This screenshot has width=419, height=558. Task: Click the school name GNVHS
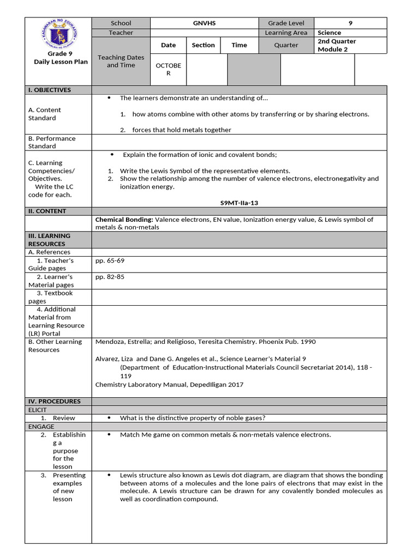tap(203, 23)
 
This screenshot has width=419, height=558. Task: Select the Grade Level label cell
tap(286, 23)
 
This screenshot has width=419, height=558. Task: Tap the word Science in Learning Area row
tap(329, 33)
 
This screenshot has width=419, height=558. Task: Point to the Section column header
tap(203, 45)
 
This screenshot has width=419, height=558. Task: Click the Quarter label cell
tap(286, 45)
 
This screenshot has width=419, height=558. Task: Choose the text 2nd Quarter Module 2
tap(337, 45)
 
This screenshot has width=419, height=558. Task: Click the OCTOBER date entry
tap(168, 69)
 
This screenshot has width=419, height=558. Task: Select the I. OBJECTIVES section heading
tap(50, 90)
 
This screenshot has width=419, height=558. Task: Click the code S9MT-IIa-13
tap(239, 203)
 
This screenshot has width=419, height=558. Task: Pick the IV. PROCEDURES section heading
tap(54, 402)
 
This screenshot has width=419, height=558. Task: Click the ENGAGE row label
tap(41, 427)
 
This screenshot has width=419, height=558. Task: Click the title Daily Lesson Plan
tap(61, 62)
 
